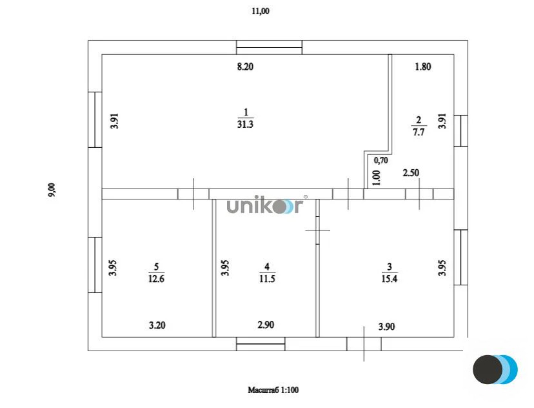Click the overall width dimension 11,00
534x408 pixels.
click(x=261, y=11)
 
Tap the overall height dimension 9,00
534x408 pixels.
click(x=52, y=190)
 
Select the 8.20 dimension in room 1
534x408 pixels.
click(x=245, y=66)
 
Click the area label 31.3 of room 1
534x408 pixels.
click(x=245, y=125)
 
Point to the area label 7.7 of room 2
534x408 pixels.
click(x=419, y=132)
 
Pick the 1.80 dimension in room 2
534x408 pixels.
click(x=423, y=66)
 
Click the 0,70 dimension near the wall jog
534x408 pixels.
click(x=381, y=160)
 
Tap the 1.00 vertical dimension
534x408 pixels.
click(x=377, y=178)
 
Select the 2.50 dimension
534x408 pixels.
click(x=411, y=173)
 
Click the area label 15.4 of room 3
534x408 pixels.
click(x=390, y=279)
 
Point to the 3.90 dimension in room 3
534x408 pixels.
click(x=386, y=327)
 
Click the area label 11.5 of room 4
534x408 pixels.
click(x=267, y=279)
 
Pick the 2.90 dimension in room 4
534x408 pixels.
click(x=266, y=325)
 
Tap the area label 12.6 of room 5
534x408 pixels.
click(x=156, y=279)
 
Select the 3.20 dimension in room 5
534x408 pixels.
click(x=157, y=325)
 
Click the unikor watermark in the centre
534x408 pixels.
click(x=264, y=205)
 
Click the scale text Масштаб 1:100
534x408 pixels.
click(x=273, y=390)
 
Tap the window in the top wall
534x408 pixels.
click(x=270, y=47)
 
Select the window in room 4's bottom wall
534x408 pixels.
click(x=261, y=344)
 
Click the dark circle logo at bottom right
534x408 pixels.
click(x=488, y=369)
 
